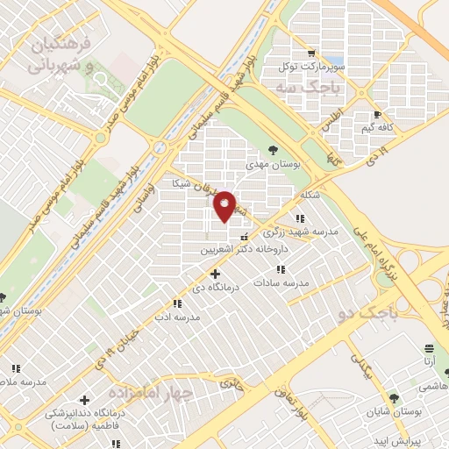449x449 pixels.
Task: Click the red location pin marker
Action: (225, 206)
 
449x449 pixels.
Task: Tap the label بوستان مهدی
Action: (272, 164)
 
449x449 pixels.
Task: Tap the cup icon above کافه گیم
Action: (377, 114)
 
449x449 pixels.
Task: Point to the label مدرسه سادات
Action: (282, 283)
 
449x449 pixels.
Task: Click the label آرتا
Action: (429, 360)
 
